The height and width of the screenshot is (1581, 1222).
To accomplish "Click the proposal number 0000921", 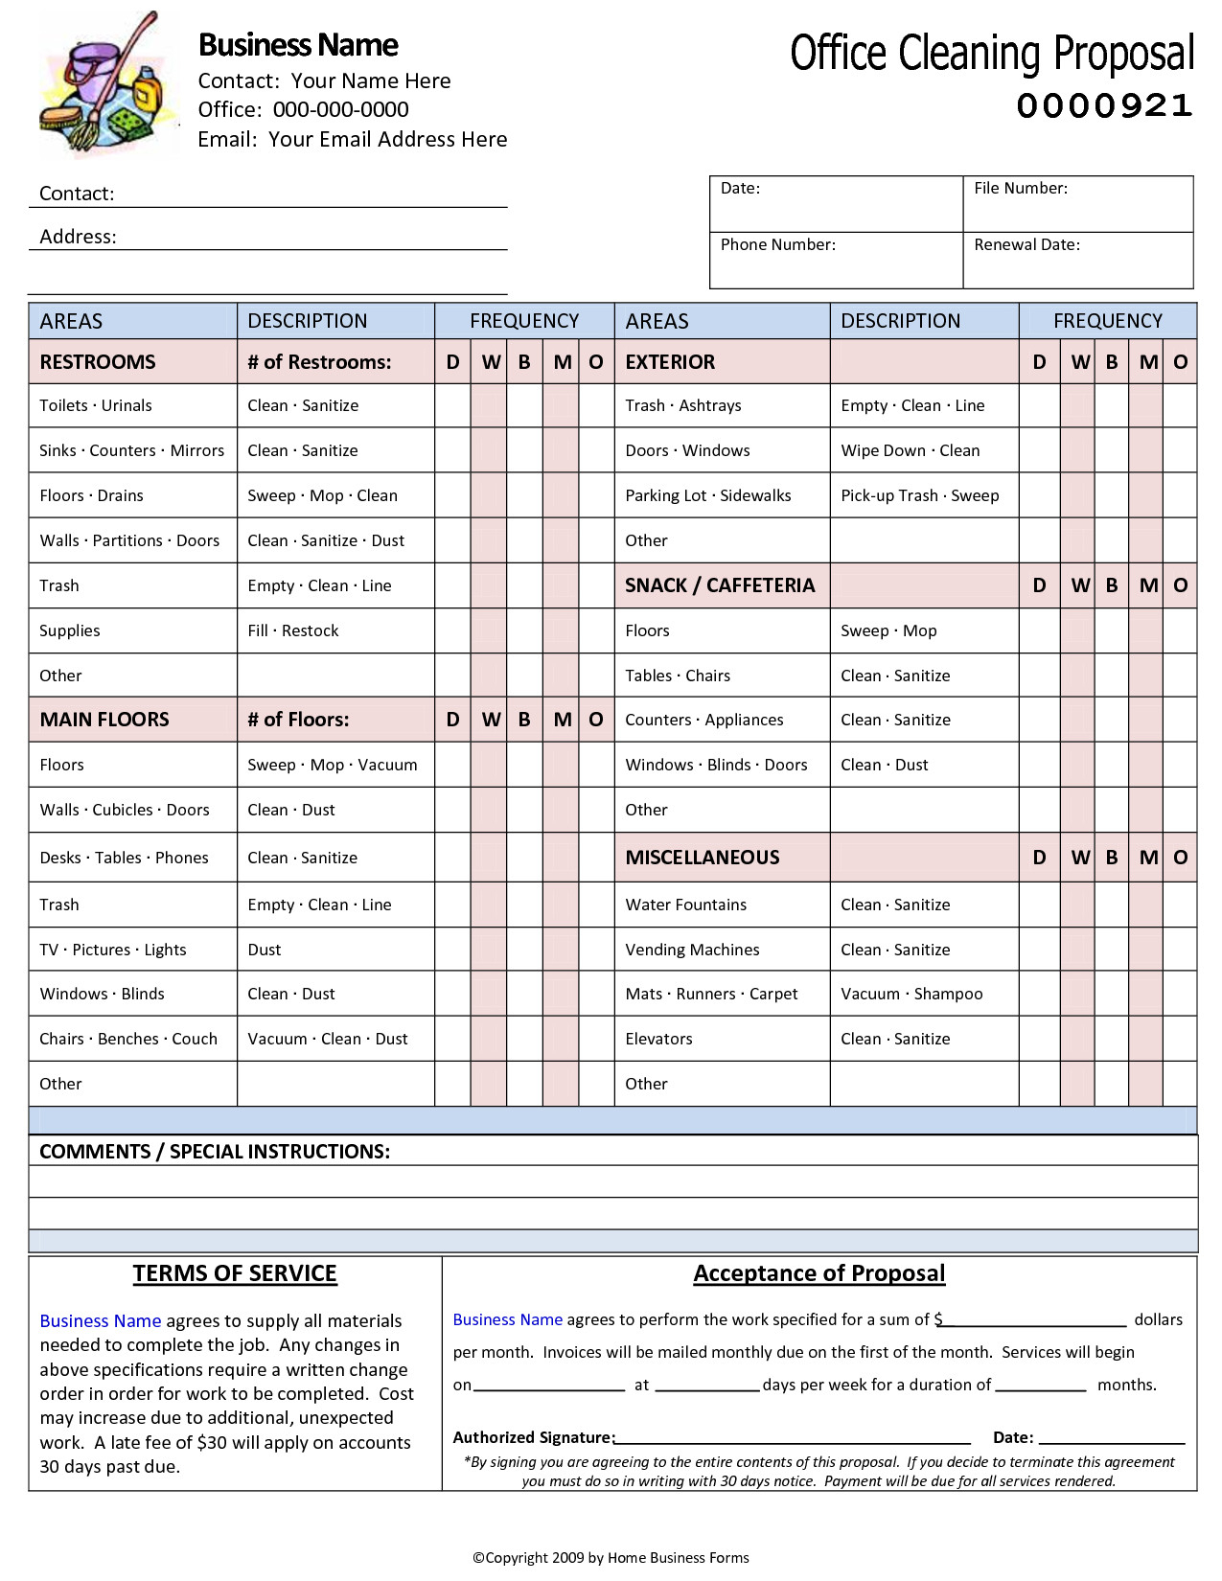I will coord(1104,105).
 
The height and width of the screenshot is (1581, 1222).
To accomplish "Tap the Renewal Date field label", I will coord(1026,245).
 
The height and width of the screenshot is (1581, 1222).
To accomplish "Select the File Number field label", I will coord(1020,189).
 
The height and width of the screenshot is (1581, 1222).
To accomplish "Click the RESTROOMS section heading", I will coord(97,362).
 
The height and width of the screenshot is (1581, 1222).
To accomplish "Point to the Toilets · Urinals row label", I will coord(96,406).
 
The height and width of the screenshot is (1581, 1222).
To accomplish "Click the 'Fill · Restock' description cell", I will coord(293,631).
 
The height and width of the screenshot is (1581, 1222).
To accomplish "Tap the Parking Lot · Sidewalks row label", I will coord(707,496).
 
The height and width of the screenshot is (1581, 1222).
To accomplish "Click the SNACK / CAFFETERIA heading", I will coord(719,585).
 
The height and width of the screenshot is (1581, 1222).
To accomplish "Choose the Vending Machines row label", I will coord(692,951).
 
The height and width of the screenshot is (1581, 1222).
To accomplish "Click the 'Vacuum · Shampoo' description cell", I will coord(911,995).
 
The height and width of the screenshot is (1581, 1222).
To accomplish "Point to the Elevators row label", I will coord(658,1040).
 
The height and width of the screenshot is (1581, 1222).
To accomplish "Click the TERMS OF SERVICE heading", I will coord(235,1273).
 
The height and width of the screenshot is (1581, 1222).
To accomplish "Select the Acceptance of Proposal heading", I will coord(819,1273).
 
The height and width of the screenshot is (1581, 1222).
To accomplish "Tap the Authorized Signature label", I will coord(533,1437).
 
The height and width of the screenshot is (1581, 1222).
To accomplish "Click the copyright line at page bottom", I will coord(611,1558).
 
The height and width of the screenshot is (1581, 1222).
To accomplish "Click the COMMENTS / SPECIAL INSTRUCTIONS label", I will coord(215,1152).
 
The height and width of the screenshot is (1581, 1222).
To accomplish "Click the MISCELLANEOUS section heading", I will coord(702,859).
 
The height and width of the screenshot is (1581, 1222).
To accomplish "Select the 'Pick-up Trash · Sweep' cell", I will coord(919,496).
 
